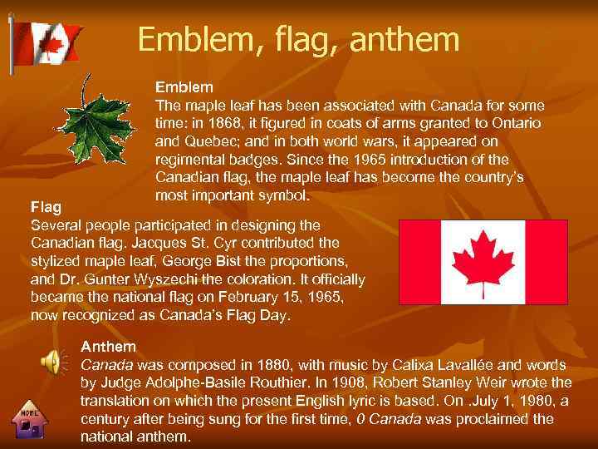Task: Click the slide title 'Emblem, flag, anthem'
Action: pos(298,39)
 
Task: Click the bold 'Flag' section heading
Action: pos(45,205)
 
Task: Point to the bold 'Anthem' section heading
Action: pos(108,345)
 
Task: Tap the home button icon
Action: pos(31,422)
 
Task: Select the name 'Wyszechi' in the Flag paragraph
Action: pos(162,279)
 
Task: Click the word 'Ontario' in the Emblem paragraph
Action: pos(517,123)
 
